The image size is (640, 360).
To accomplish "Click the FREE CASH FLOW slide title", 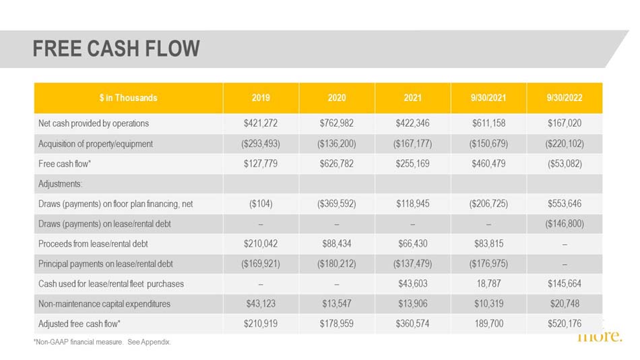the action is [x=117, y=49].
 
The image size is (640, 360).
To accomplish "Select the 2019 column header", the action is [x=261, y=98].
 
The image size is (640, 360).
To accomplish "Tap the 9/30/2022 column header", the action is [x=565, y=98].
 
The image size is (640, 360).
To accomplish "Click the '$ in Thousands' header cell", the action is [x=128, y=98].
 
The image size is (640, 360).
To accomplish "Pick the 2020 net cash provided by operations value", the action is [x=337, y=123].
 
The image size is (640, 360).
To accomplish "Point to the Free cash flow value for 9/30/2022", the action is [x=565, y=163].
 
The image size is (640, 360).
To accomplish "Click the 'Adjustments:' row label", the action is [x=60, y=184].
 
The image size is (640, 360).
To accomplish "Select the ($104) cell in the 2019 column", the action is [x=261, y=204].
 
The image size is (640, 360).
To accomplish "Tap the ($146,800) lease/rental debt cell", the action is [x=565, y=224].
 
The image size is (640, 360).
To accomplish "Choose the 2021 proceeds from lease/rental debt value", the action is [x=413, y=243].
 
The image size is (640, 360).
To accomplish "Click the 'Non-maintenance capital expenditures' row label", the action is [x=104, y=303].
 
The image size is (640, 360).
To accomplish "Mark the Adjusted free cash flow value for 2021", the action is [x=413, y=324].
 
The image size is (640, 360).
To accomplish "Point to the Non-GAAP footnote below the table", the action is [x=102, y=342].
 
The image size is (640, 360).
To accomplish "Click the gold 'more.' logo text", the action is [x=600, y=336].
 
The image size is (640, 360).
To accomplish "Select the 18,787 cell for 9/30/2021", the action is [x=488, y=284].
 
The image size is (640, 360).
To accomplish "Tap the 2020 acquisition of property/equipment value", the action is [x=337, y=144].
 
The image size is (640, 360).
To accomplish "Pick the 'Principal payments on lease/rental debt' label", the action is [x=105, y=264].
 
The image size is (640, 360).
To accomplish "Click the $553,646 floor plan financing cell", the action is [x=565, y=204].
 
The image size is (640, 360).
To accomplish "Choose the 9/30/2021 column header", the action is [x=488, y=98].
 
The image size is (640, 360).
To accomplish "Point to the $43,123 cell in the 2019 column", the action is [x=261, y=303].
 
